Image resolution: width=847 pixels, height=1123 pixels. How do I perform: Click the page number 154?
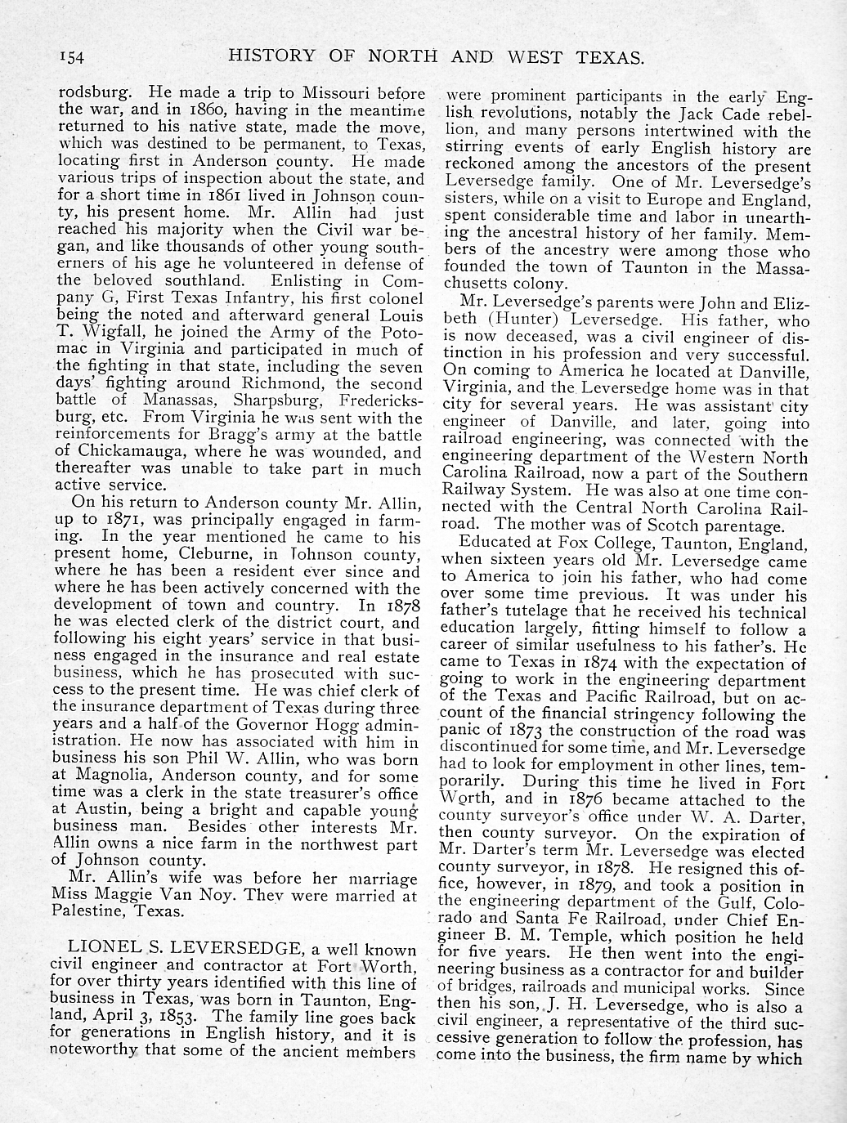[73, 56]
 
